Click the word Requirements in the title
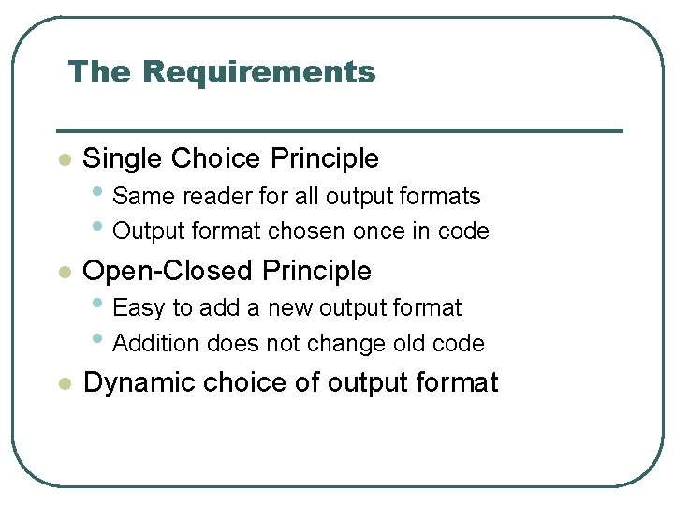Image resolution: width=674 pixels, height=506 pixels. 261,72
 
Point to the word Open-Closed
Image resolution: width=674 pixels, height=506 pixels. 168,271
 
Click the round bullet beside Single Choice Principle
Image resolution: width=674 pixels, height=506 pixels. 64,160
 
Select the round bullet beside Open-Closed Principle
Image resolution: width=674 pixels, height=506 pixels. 64,272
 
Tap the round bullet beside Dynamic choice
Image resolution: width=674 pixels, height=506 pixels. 64,383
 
